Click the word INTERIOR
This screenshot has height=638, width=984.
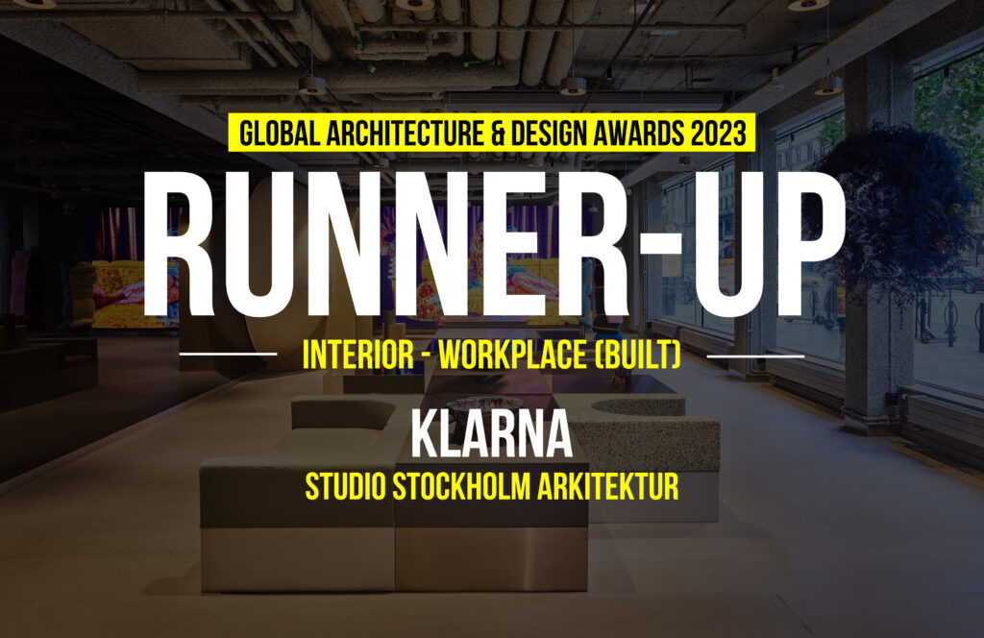[357, 356]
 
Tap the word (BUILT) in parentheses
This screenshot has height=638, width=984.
[637, 356]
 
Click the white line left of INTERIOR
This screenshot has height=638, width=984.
[228, 354]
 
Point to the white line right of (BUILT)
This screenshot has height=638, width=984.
[755, 356]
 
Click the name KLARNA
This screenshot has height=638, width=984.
[491, 433]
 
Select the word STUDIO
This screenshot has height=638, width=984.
[345, 487]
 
